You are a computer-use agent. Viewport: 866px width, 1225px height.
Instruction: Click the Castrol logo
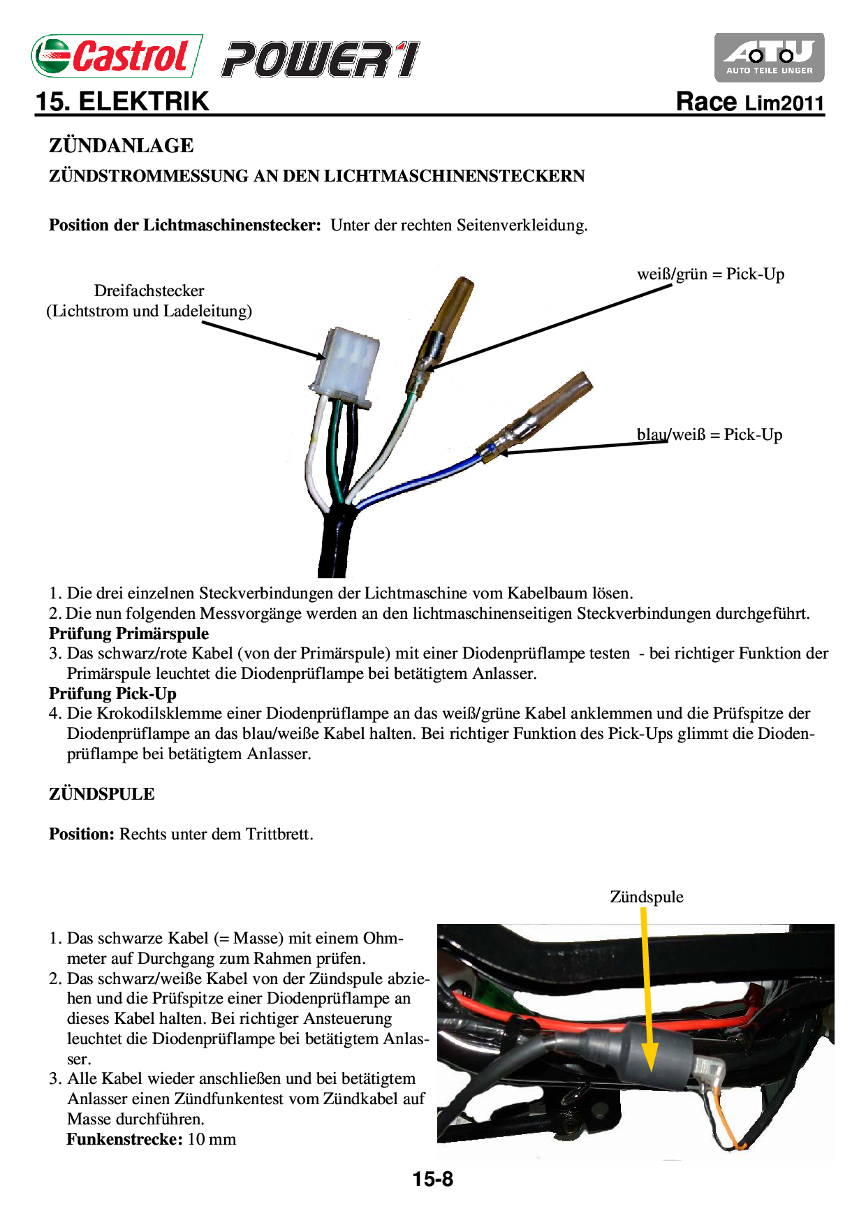[x=117, y=56]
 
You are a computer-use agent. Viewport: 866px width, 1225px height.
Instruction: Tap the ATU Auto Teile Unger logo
[x=769, y=57]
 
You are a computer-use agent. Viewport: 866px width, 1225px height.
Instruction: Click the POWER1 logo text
[x=321, y=59]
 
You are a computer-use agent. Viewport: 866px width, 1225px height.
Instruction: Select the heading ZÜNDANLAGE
[x=121, y=146]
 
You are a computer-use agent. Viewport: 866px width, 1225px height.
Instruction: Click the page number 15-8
[x=432, y=1179]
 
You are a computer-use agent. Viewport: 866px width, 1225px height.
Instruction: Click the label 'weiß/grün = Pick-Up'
[x=710, y=274]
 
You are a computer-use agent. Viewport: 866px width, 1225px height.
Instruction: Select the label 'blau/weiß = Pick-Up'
[x=709, y=434]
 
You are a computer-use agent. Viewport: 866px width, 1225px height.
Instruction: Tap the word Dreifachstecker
[x=149, y=291]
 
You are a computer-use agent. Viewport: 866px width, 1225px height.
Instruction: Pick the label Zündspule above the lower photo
[x=646, y=897]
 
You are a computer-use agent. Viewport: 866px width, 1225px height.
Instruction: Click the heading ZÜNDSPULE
[x=102, y=794]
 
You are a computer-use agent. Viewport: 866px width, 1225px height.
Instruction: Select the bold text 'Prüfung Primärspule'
[x=129, y=633]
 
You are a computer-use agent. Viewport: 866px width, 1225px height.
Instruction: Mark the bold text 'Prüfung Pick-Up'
[x=112, y=694]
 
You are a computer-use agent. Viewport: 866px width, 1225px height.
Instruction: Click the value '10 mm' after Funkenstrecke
[x=212, y=1139]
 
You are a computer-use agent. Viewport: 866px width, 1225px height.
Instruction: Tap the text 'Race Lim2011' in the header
[x=750, y=103]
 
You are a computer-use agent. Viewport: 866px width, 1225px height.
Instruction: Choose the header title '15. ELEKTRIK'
[x=122, y=102]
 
